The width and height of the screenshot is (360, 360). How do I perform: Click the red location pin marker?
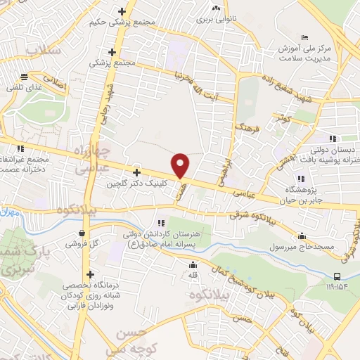(x=181, y=165)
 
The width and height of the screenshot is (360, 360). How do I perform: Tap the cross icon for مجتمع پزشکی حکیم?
(x=123, y=11)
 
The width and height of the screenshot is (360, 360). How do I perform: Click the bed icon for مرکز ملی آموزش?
(x=304, y=37)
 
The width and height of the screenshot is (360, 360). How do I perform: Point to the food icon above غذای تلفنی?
(x=25, y=77)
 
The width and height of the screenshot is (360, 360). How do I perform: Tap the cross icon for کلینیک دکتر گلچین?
(x=136, y=172)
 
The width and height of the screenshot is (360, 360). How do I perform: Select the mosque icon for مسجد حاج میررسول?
(x=302, y=236)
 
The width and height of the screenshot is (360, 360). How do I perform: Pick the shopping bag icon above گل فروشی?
(x=83, y=233)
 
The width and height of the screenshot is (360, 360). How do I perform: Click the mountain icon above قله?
(x=193, y=265)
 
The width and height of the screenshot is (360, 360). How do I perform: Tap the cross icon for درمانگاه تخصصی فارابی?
(x=90, y=275)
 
